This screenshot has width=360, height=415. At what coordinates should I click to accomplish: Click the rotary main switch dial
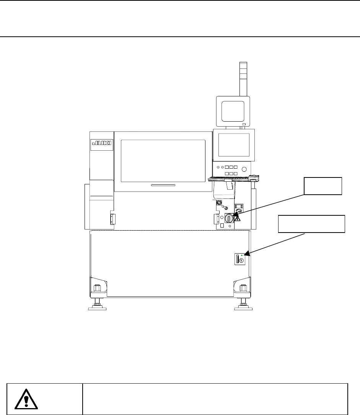tap(229, 218)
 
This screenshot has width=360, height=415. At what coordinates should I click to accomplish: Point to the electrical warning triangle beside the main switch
tap(238, 219)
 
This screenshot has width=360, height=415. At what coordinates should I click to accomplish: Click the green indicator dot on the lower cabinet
tap(242, 255)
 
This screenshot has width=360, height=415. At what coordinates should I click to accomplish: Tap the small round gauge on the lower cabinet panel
tap(242, 260)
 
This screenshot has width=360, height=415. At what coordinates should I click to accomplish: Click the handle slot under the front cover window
tap(163, 185)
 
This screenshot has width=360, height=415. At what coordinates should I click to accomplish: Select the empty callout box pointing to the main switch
tap(323, 186)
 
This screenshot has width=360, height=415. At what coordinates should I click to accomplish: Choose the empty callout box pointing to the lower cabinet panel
tap(311, 224)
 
